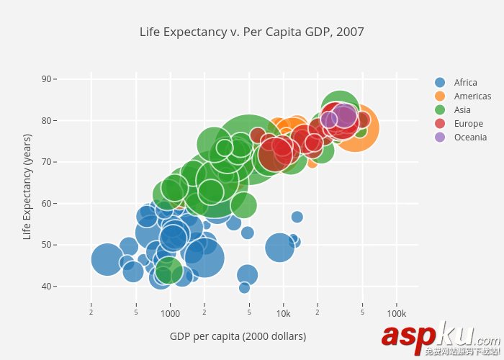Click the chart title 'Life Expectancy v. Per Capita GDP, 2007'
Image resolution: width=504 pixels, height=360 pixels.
[x=252, y=32]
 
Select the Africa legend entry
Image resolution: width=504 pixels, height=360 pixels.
[x=465, y=83]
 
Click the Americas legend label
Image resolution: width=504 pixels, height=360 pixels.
[x=472, y=96]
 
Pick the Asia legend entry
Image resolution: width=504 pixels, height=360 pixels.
[x=462, y=110]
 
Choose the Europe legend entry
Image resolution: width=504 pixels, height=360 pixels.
[x=468, y=124]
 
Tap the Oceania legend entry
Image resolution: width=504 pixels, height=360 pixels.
[x=470, y=138]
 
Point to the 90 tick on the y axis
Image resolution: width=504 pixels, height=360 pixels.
[x=47, y=78]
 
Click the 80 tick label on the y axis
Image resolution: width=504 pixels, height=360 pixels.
[x=47, y=120]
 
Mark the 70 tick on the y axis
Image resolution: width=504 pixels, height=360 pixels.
[x=47, y=162]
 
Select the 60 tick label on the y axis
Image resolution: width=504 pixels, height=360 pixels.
[x=47, y=204]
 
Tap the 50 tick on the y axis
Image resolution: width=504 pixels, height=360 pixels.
[x=47, y=245]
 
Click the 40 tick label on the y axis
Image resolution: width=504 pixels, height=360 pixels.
[x=47, y=287]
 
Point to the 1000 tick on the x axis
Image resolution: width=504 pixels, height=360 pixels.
[x=171, y=314]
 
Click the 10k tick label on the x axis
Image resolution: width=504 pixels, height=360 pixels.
[x=283, y=314]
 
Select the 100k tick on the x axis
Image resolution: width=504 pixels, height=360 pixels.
[x=396, y=314]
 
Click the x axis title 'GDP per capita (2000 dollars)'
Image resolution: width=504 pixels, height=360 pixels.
[x=238, y=336]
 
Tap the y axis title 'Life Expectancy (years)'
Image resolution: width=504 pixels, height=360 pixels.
[x=27, y=186]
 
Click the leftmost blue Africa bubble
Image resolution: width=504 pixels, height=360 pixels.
[x=107, y=259]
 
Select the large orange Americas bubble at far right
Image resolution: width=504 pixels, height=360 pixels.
[x=355, y=128]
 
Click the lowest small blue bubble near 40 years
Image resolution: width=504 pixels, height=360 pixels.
[x=244, y=288]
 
